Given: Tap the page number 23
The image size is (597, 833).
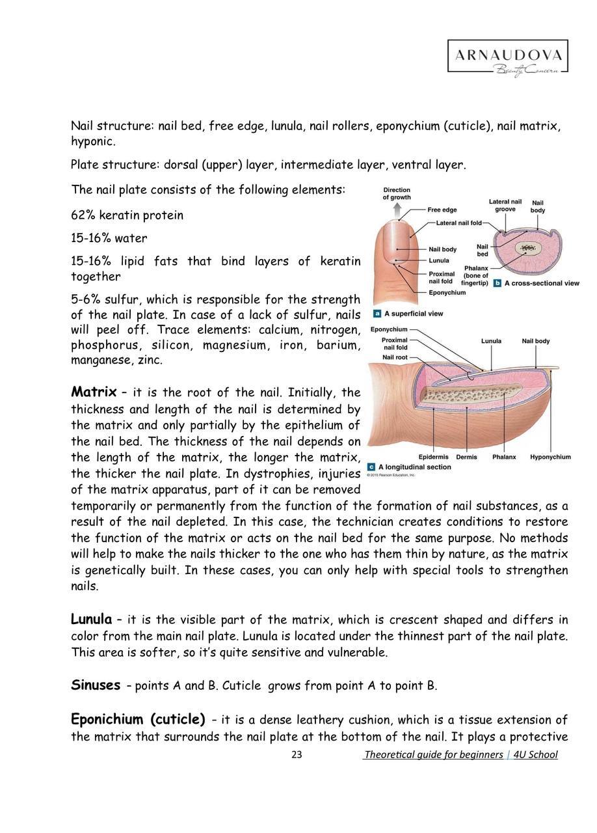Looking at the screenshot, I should tap(297, 755).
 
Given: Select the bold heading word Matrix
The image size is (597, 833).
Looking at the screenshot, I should tap(93, 392).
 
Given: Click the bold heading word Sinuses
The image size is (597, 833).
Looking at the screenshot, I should tap(96, 685).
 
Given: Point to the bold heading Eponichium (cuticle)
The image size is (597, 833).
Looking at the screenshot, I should tap(138, 719).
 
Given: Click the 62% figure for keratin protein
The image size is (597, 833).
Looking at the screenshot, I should tap(83, 215).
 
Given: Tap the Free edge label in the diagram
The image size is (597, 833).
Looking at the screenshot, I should tap(442, 210).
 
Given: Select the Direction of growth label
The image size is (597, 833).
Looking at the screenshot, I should tap(396, 193).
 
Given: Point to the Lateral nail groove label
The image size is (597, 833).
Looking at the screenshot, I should tap(505, 206).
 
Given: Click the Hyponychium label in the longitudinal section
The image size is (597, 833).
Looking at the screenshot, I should tap(550, 457).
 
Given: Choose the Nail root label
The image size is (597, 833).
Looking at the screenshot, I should tap(395, 357).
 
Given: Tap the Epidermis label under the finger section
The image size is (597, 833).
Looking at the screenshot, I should tap(434, 457).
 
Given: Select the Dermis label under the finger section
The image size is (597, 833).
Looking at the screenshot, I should tap(466, 457).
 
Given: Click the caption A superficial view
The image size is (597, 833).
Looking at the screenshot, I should tap(413, 314).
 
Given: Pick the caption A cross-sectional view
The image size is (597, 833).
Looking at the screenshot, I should tap(541, 284).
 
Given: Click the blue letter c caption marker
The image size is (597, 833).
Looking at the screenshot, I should tap(371, 467).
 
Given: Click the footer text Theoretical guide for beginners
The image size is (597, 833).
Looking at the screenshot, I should tap(433, 755).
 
